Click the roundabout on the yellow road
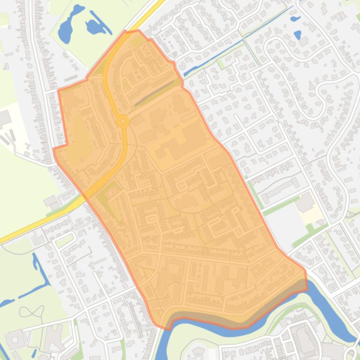coord(123,122)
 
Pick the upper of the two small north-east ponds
coord(295,19)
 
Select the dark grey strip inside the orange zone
coord(157,92)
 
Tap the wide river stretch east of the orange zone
coord(328,299)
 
